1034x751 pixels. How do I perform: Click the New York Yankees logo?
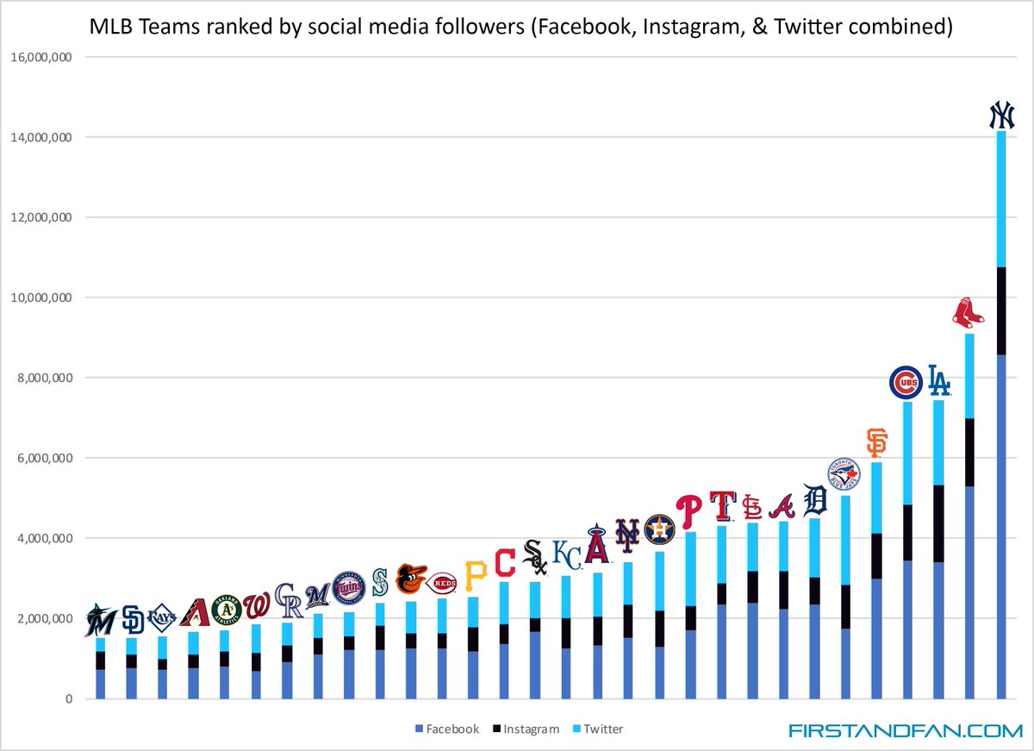[x=1001, y=116]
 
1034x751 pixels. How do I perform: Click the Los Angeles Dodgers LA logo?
[x=938, y=381]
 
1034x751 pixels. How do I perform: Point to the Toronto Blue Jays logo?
[x=844, y=475]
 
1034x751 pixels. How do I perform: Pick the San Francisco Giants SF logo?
[x=876, y=443]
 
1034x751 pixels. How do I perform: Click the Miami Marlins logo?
[x=101, y=620]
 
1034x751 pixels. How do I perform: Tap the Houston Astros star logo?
[x=659, y=529]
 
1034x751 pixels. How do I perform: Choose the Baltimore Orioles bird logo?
[x=411, y=579]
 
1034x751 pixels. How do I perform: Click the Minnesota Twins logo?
[x=349, y=587]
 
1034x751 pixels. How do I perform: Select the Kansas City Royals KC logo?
[x=566, y=554]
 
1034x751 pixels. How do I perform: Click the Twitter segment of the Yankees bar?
[x=1001, y=198]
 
